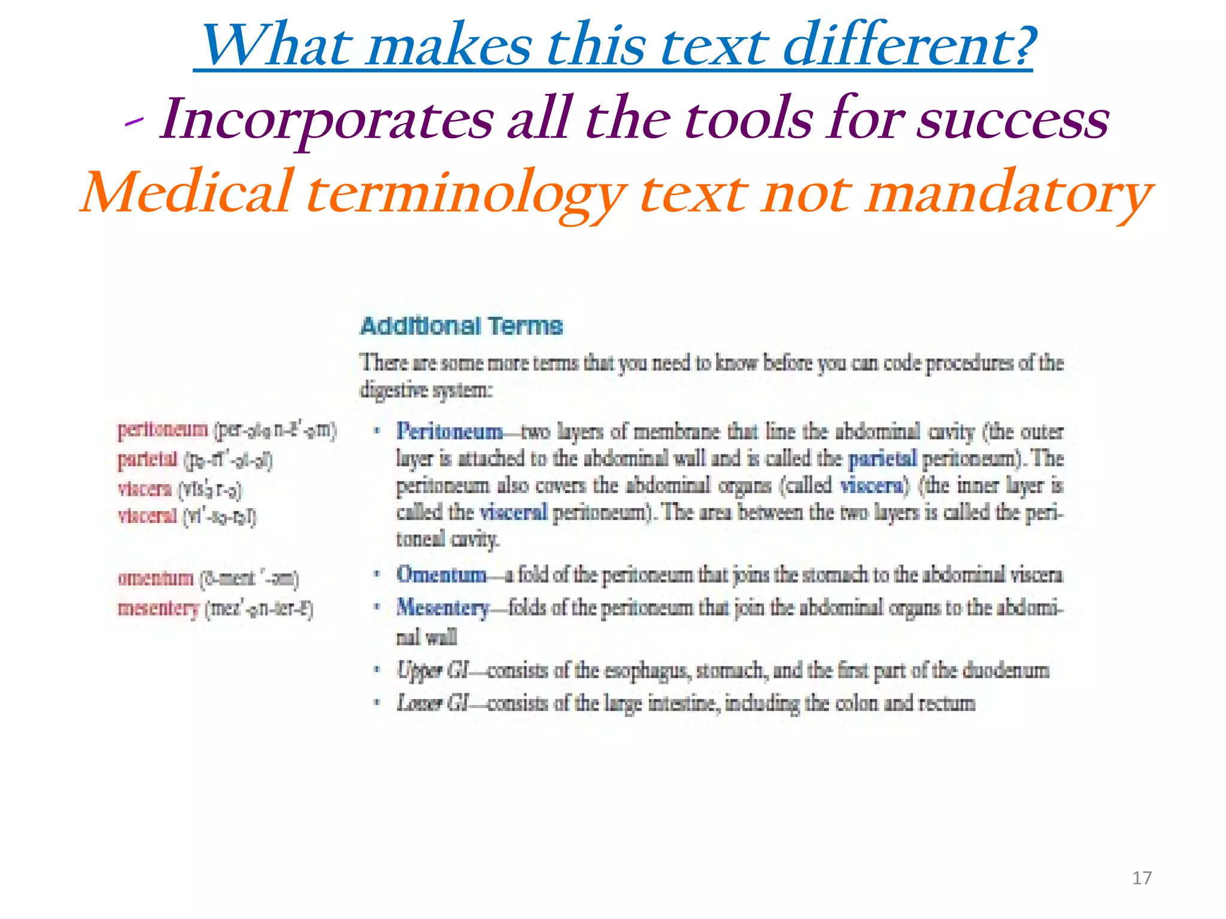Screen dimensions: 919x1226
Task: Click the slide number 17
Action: tap(1142, 878)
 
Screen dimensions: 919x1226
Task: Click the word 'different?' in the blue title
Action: tap(909, 45)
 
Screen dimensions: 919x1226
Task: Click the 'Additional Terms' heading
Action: tap(462, 326)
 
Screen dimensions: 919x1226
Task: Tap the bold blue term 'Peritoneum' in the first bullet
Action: tap(450, 431)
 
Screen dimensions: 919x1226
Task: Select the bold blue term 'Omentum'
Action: tap(441, 574)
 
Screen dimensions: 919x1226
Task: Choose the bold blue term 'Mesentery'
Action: tap(443, 608)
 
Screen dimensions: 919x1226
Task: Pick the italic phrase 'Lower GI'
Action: tap(432, 702)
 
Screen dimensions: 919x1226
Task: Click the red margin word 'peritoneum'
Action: tap(163, 430)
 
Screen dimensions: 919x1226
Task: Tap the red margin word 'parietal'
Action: tap(148, 459)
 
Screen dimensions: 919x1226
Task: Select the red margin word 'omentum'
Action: tap(156, 578)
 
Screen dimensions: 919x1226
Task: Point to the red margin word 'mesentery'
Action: tap(159, 608)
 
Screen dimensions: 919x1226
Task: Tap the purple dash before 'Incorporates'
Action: tap(134, 121)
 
